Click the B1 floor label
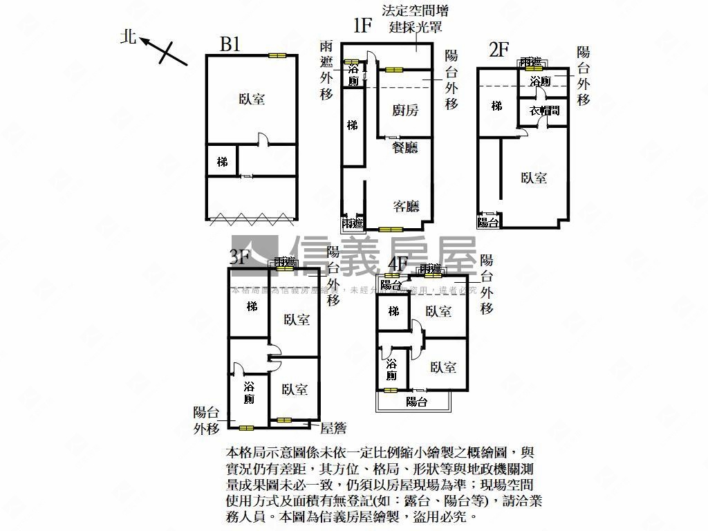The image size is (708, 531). [x=230, y=45]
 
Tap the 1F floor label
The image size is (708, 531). [x=363, y=26]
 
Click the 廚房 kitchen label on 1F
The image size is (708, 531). [x=404, y=110]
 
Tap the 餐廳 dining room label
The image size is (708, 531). [x=404, y=147]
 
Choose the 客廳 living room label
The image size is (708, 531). [x=406, y=206]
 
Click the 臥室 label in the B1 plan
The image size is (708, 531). [x=252, y=100]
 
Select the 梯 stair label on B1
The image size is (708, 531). [x=222, y=162]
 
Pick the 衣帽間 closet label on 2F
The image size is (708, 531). [x=544, y=111]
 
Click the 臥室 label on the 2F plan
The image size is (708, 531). [x=534, y=178]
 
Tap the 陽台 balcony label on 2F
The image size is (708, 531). [x=489, y=222]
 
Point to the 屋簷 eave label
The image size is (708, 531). [x=333, y=429]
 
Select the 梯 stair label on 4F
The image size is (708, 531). [x=393, y=312]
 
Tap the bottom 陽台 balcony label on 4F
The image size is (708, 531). [x=416, y=402]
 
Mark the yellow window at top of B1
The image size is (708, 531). [x=277, y=55]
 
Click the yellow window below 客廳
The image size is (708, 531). [x=390, y=229]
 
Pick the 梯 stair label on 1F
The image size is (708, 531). [x=353, y=126]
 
